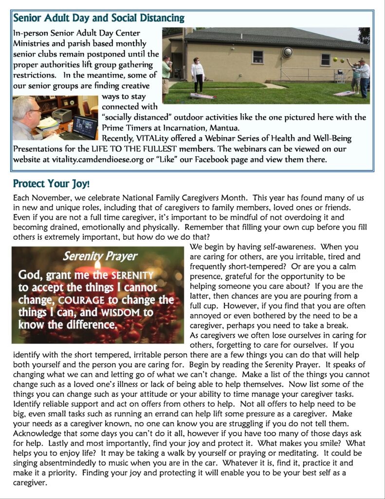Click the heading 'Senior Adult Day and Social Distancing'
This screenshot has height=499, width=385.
(x=99, y=19)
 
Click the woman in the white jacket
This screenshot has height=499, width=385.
(x=198, y=74)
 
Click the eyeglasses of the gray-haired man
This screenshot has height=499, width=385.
(x=35, y=111)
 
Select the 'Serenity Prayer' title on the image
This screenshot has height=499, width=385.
(x=100, y=256)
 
